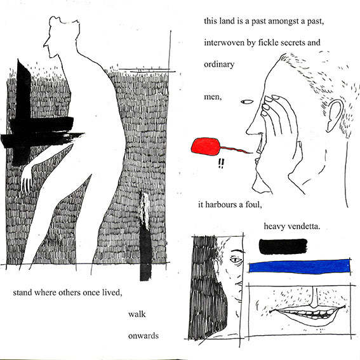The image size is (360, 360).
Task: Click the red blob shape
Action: pyautogui.click(x=205, y=146)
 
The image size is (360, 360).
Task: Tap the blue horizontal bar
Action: pyautogui.click(x=300, y=267)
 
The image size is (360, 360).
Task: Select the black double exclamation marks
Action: pyautogui.click(x=221, y=163)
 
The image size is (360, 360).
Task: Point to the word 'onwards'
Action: pyautogui.click(x=143, y=336)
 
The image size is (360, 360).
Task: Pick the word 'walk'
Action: pyautogui.click(x=137, y=314)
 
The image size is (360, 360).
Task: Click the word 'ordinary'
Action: pyautogui.click(x=219, y=65)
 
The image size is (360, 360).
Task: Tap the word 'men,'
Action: pyautogui.click(x=213, y=97)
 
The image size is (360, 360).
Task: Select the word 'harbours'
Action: pyautogui.click(x=222, y=204)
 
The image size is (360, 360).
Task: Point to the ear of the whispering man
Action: pyautogui.click(x=335, y=116)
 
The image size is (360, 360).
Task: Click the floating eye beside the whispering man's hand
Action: pyautogui.click(x=247, y=102)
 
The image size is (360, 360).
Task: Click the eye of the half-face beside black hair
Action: pyautogui.click(x=236, y=260)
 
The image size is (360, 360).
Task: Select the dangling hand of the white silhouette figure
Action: pyautogui.click(x=27, y=182)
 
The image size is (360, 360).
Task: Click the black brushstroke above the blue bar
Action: pyautogui.click(x=283, y=246)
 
